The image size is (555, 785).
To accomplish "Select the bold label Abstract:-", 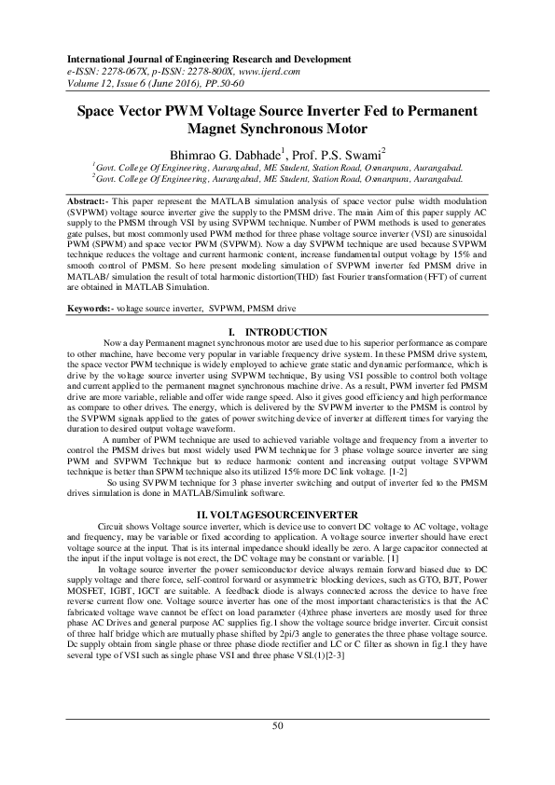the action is pos(91,200).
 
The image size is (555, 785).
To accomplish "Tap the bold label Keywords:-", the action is pos(93,308).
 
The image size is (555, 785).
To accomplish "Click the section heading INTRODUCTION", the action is pos(284,332).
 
